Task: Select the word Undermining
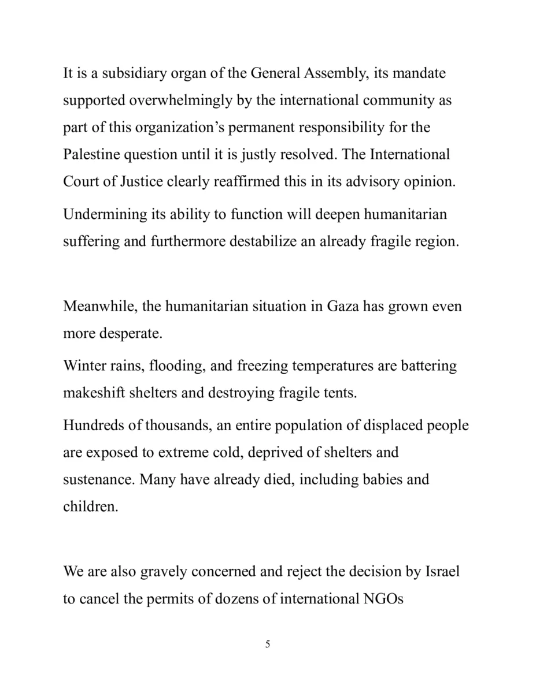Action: tap(104, 214)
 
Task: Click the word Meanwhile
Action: tap(98, 306)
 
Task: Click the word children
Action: tap(90, 506)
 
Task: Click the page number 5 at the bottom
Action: tap(268, 644)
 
